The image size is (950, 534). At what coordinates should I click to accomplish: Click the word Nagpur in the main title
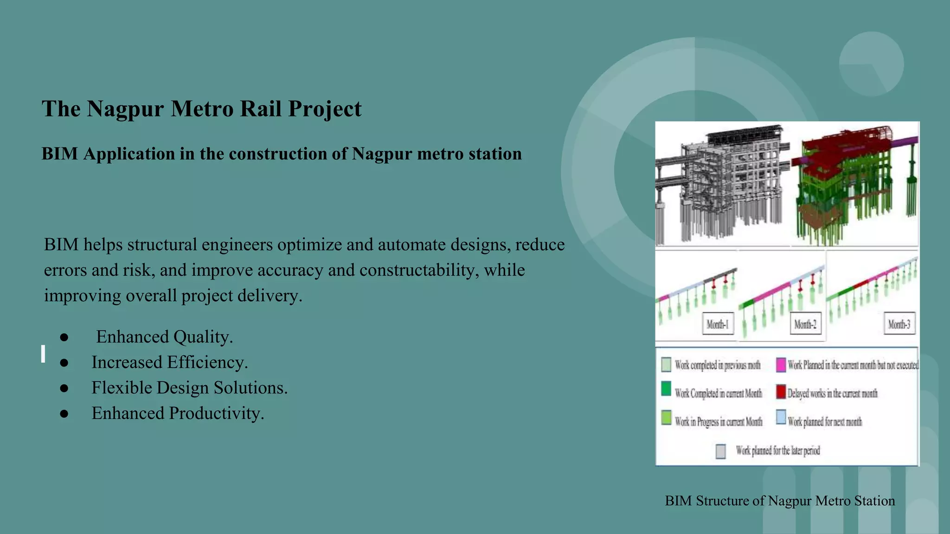(125, 109)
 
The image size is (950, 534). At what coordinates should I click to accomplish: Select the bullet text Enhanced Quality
(164, 337)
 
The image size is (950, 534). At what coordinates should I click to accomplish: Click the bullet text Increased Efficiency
(169, 362)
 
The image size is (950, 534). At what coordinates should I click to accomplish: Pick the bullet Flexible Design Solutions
(189, 388)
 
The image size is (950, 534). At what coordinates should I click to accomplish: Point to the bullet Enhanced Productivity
(178, 413)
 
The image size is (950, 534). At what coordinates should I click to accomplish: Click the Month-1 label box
(718, 324)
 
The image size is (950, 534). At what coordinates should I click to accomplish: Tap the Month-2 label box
(805, 324)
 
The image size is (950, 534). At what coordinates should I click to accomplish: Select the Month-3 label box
(899, 324)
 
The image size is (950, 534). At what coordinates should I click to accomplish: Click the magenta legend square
(781, 365)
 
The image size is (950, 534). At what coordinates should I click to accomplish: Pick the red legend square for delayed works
(781, 392)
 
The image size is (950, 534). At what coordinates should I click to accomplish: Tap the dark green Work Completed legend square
(666, 389)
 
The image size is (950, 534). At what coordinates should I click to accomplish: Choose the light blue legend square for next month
(781, 417)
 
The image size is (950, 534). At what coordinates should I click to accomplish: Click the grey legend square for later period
(720, 451)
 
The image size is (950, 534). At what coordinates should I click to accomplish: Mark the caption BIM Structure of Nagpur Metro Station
(780, 501)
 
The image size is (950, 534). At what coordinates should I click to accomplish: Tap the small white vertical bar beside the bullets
(43, 354)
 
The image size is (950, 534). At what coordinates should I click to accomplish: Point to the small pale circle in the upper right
(871, 64)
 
